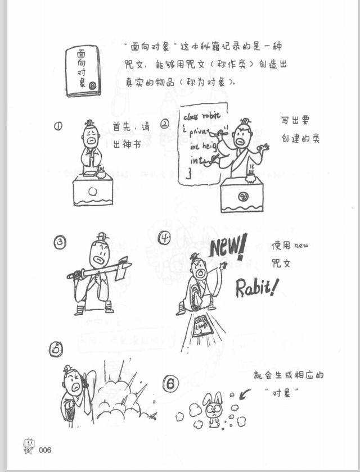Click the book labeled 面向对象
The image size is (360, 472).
click(83, 71)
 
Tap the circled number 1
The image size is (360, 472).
click(58, 126)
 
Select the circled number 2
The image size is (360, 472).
click(165, 124)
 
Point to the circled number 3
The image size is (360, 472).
click(60, 243)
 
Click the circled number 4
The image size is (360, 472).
click(164, 238)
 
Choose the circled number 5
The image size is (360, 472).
click(56, 349)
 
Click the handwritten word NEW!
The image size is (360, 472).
click(228, 247)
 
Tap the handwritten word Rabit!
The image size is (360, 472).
click(256, 287)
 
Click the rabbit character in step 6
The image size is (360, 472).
click(214, 410)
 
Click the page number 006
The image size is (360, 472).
click(45, 450)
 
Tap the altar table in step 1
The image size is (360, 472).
click(93, 189)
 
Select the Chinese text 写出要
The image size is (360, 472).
click(295, 120)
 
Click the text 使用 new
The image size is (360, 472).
click(290, 246)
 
